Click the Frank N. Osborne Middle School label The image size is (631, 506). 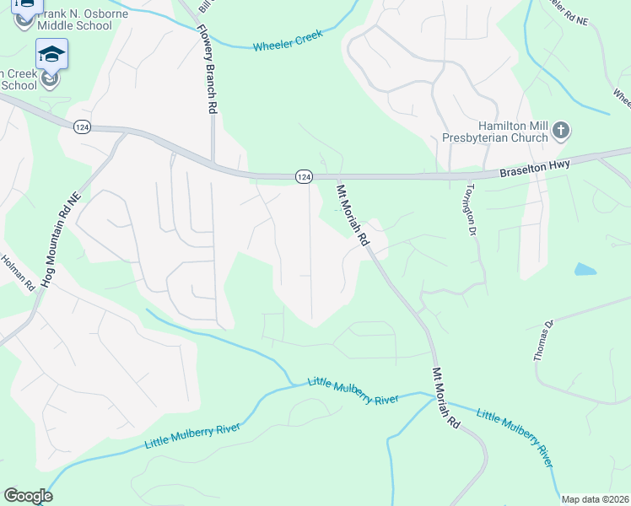pos(74,20)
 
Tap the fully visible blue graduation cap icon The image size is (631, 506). pos(51,55)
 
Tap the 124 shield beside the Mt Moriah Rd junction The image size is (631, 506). pos(304,176)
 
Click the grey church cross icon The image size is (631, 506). pos(561,131)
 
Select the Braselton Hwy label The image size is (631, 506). pos(535,167)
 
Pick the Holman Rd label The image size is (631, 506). pos(18,273)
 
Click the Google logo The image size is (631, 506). pos(28,496)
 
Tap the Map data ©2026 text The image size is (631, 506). pos(594,498)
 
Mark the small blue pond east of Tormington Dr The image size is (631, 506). pos(585,270)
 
